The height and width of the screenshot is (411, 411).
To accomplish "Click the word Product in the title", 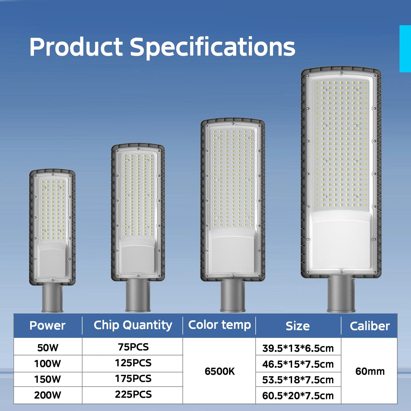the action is (x=76, y=47).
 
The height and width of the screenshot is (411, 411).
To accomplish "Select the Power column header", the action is (x=47, y=326).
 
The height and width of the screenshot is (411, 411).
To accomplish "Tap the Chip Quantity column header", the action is (x=133, y=325).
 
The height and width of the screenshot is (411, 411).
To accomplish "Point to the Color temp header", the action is (x=219, y=325).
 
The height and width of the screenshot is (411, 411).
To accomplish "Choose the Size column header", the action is (x=298, y=326).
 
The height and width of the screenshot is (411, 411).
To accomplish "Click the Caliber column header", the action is (x=370, y=326).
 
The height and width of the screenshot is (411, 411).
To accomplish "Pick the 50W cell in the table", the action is (x=48, y=347).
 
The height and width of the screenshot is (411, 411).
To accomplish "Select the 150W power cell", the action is (x=47, y=379).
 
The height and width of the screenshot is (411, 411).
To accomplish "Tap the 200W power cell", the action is (x=47, y=395).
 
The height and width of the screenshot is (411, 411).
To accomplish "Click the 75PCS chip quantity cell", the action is (x=133, y=347).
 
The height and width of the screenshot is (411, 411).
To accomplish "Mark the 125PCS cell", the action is (x=133, y=363).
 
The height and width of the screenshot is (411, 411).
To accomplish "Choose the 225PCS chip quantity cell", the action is (x=133, y=394).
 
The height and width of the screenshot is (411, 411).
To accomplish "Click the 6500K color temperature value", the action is (x=220, y=371).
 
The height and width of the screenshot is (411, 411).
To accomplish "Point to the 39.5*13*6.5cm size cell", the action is (x=298, y=348).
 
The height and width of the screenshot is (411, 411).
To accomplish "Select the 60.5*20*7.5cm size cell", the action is (x=298, y=396).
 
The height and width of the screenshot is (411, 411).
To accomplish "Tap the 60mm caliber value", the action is (x=370, y=371).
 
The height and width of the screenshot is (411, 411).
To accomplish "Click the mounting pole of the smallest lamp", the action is (x=52, y=298).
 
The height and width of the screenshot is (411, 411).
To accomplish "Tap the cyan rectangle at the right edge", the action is (x=405, y=49).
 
